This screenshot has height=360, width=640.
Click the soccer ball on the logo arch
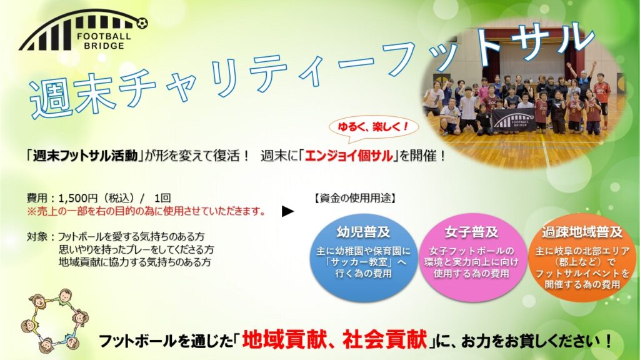click(x=142, y=24)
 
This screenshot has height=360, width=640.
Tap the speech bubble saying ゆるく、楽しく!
click(x=374, y=127)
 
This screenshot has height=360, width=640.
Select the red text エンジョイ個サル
click(x=349, y=156)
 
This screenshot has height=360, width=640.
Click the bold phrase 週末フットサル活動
click(x=85, y=156)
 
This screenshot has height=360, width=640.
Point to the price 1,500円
click(x=78, y=198)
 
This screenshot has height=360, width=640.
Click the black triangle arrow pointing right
click(x=287, y=211)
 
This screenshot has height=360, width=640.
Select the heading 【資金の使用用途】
click(x=354, y=198)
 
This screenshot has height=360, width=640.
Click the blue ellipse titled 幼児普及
click(x=364, y=257)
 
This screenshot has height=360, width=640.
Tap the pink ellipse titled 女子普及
click(x=472, y=257)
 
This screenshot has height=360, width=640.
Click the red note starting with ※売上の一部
click(x=146, y=211)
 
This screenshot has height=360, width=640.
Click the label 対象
click(x=37, y=237)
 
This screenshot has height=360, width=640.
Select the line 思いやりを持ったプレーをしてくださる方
click(x=136, y=249)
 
